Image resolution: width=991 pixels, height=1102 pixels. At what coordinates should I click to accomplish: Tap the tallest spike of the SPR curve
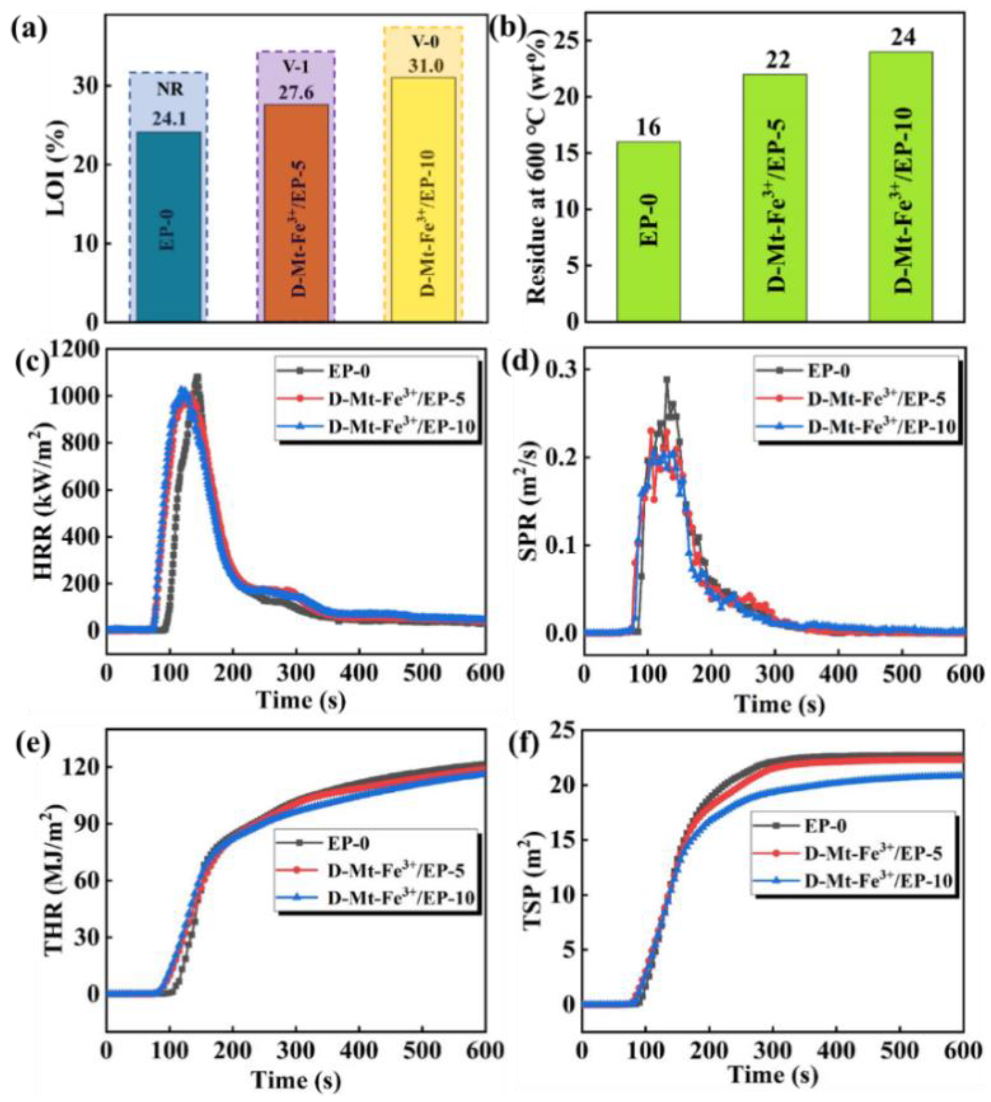666,380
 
